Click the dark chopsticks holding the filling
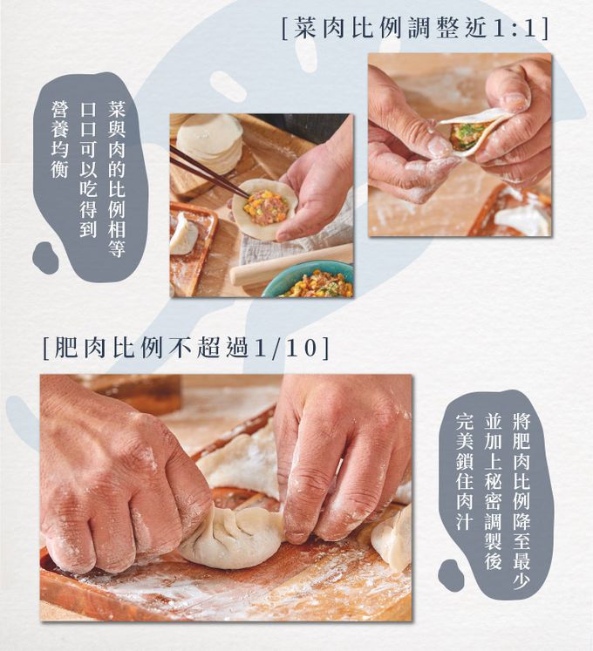(208, 171)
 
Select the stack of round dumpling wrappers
(210, 139)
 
